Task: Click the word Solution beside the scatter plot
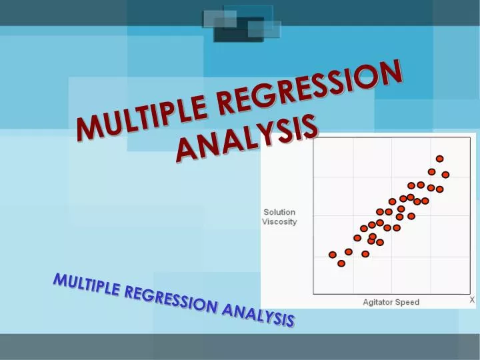279,212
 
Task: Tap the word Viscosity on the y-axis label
279,221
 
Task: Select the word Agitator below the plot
378,302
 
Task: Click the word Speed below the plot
407,302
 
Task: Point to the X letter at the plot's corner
472,300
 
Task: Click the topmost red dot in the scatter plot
439,159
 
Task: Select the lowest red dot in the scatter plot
341,263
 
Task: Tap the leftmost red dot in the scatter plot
333,255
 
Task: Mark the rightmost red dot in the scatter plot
445,175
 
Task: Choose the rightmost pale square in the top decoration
265,29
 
